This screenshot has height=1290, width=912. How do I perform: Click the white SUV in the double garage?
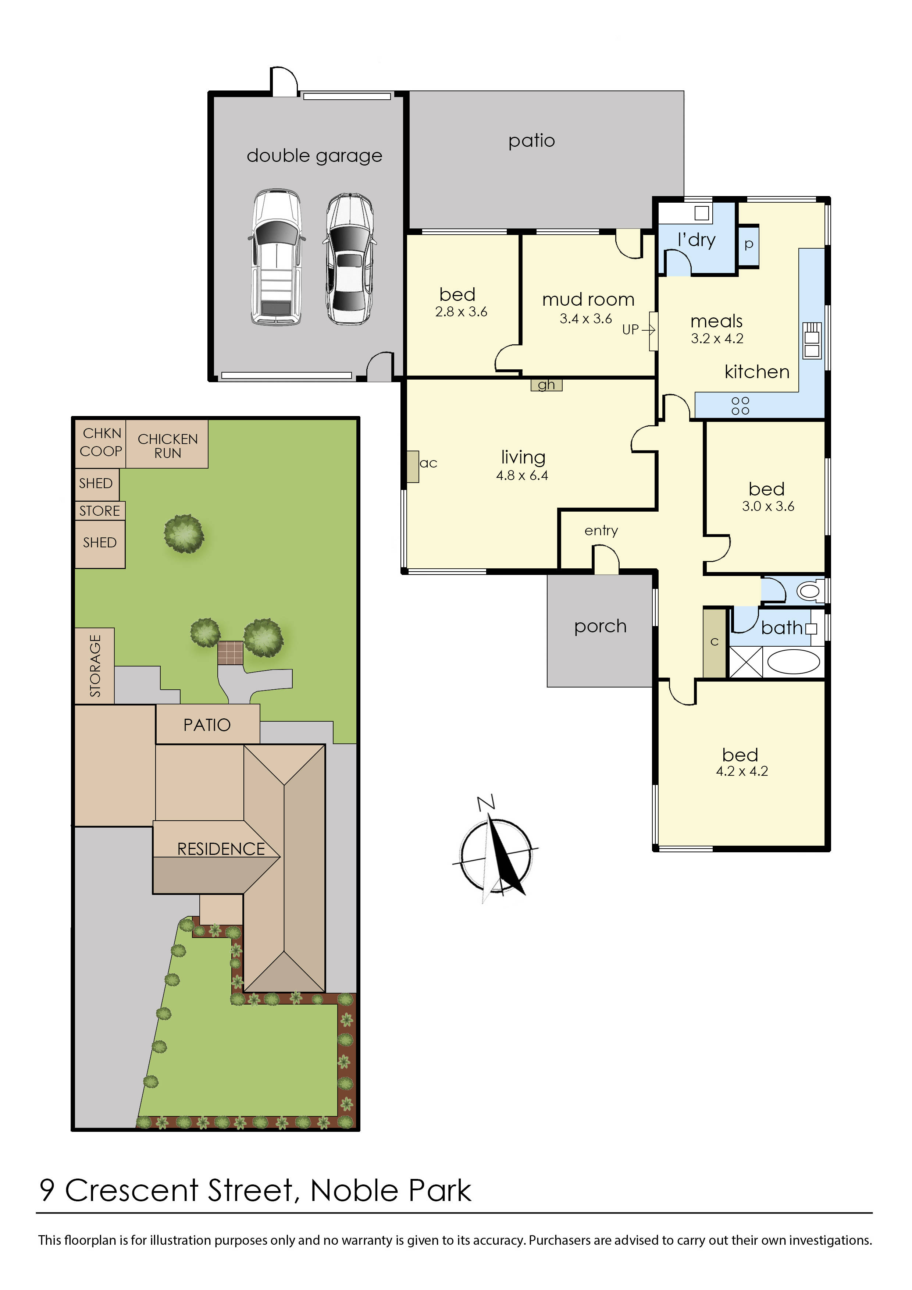276,257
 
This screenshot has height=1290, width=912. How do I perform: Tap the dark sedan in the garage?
349,259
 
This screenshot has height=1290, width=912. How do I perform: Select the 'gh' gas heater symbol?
546,385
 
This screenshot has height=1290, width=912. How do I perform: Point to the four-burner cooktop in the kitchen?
740,406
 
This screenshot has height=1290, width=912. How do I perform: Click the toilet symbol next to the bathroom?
809,591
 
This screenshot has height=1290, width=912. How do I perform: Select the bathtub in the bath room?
793,661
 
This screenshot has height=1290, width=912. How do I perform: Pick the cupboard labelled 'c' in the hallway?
714,642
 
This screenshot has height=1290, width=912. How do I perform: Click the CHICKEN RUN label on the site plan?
167,445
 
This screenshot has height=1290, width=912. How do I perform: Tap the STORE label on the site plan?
99,511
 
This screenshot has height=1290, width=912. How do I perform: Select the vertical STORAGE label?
95,666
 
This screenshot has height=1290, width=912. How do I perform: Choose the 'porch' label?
600,626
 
